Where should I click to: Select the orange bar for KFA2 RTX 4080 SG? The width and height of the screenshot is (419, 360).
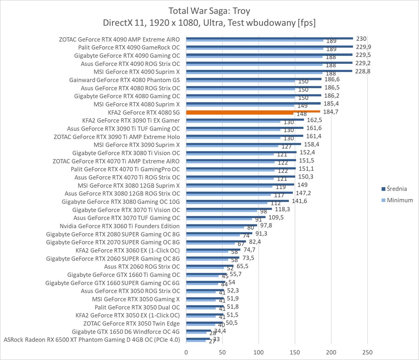(x=253, y=112)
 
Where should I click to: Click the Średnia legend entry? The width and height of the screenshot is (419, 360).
(x=394, y=189)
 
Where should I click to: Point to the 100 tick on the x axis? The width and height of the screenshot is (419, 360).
(x=259, y=352)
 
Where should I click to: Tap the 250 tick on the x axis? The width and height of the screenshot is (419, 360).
(x=367, y=352)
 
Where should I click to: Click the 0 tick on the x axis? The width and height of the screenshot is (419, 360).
(x=186, y=352)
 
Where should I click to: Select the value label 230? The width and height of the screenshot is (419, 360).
(x=361, y=39)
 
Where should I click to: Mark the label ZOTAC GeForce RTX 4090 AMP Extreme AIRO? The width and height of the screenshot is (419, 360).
(x=119, y=39)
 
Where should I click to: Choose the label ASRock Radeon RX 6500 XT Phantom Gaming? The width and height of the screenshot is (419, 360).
(x=92, y=339)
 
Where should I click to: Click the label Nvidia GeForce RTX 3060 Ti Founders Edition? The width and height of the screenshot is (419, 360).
(x=120, y=226)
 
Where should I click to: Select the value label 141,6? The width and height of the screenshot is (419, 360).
(x=300, y=201)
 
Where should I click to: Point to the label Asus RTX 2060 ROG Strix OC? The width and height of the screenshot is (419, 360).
(x=142, y=267)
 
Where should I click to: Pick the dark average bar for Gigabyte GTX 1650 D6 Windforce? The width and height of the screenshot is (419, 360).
(x=199, y=330)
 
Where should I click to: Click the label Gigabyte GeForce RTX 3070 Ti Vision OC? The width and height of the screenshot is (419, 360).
(x=126, y=210)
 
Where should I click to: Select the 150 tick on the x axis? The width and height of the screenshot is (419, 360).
(x=295, y=352)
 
